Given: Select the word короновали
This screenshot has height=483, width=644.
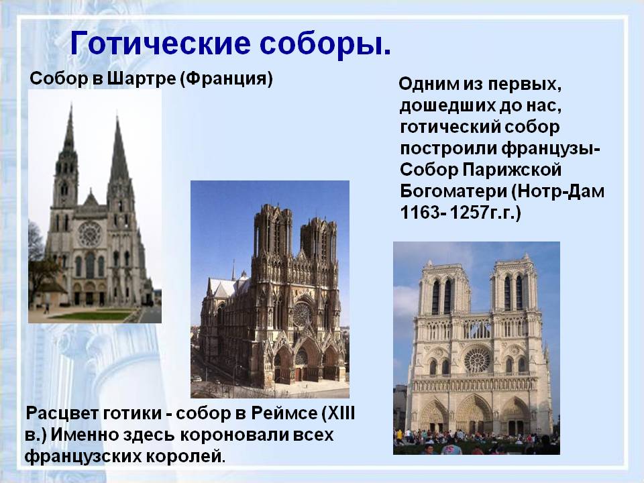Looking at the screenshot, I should [225, 435].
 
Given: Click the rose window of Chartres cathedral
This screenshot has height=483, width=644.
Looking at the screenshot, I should [90, 234].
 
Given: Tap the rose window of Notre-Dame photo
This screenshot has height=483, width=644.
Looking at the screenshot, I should [477, 359].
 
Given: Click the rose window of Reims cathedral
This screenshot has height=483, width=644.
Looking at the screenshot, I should [303, 313].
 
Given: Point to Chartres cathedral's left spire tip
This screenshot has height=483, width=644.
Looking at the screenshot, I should [70, 107].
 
